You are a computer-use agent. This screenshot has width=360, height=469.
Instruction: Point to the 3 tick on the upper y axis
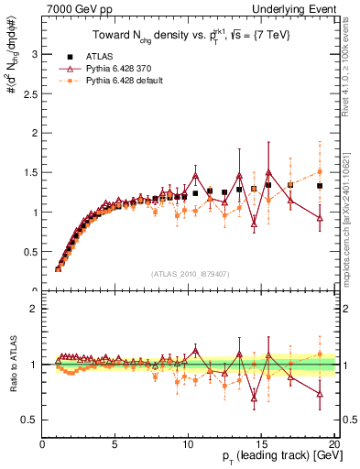[x=35, y=54]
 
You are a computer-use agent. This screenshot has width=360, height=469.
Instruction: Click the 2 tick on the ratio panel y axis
[x=35, y=309]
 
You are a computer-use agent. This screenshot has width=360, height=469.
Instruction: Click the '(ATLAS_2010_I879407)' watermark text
[x=189, y=275]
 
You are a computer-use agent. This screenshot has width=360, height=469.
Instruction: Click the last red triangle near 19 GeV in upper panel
[x=319, y=218]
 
